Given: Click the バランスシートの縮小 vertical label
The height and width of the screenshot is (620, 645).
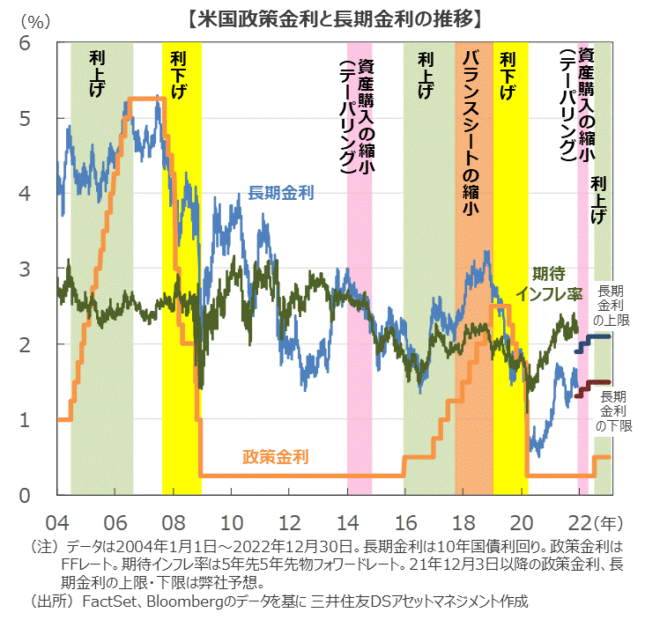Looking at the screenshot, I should pyautogui.click(x=470, y=132).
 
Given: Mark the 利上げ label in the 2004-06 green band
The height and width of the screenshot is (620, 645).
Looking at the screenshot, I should pyautogui.click(x=98, y=74).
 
